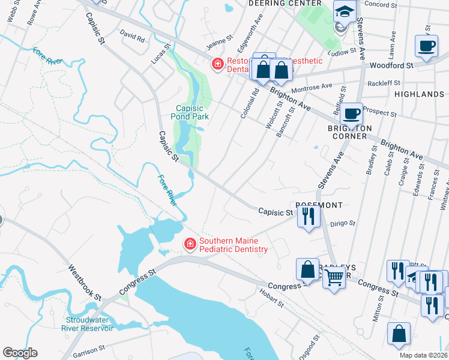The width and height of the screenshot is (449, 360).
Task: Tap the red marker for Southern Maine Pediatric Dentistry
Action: (190, 243)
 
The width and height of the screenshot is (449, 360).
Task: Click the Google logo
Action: (20, 353)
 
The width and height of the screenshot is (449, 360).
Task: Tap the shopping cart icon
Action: (334, 278)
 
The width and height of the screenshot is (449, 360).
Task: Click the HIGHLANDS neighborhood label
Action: (419, 94)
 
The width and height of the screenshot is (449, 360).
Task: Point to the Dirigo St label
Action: (343, 223)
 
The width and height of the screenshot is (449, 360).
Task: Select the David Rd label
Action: (132, 35)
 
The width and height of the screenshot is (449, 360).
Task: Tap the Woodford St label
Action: (391, 65)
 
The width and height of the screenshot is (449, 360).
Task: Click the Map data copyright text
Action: (422, 355)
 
